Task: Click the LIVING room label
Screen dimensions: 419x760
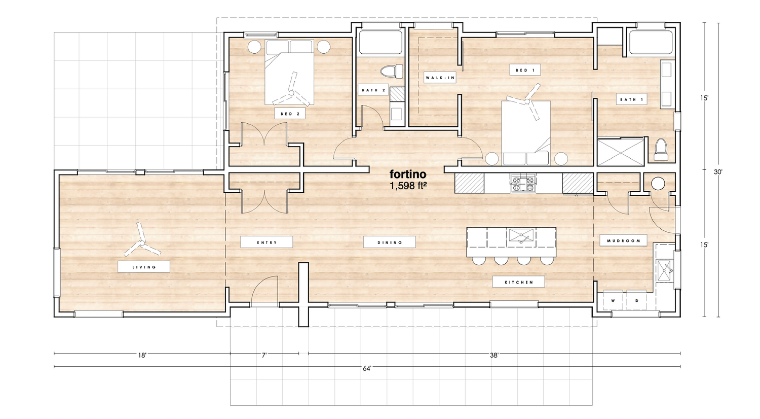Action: coord(144,267)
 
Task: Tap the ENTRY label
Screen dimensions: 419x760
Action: coord(267,242)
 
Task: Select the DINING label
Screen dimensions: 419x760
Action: coord(390,242)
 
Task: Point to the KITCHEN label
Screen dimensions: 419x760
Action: coord(519,282)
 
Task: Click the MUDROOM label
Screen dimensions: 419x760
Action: coord(623,241)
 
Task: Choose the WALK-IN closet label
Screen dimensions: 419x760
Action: coord(440,78)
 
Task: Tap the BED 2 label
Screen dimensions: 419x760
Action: coord(290,114)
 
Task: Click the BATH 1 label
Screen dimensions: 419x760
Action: coord(631,99)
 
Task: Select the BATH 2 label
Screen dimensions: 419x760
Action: coord(373,90)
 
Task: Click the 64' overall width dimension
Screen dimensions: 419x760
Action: coord(367,369)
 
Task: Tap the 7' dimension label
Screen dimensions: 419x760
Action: coord(264,356)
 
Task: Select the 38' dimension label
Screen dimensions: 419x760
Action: coord(494,356)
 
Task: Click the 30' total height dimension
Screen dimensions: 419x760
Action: coord(718,172)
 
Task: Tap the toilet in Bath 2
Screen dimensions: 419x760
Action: coord(391,71)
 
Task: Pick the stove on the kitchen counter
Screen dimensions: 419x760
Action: coord(522,183)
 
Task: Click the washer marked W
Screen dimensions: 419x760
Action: coord(613,301)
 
